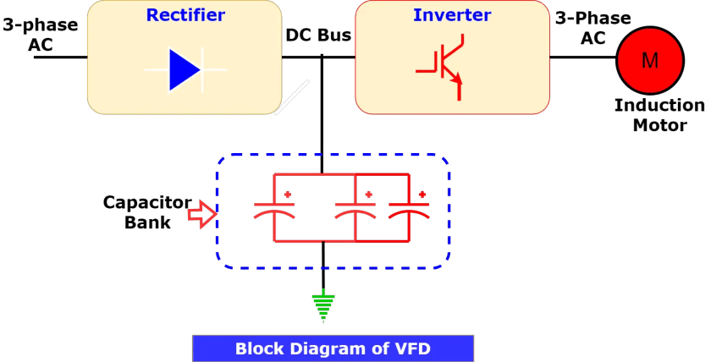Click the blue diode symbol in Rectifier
tap(185, 69)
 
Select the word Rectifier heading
tap(185, 14)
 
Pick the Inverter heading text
tap(452, 14)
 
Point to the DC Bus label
tap(318, 36)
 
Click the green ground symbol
tap(323, 307)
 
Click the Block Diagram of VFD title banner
tap(333, 348)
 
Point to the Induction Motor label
tap(659, 115)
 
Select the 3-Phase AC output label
tap(592, 28)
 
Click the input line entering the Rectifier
tap(59, 58)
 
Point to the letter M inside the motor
tap(648, 59)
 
